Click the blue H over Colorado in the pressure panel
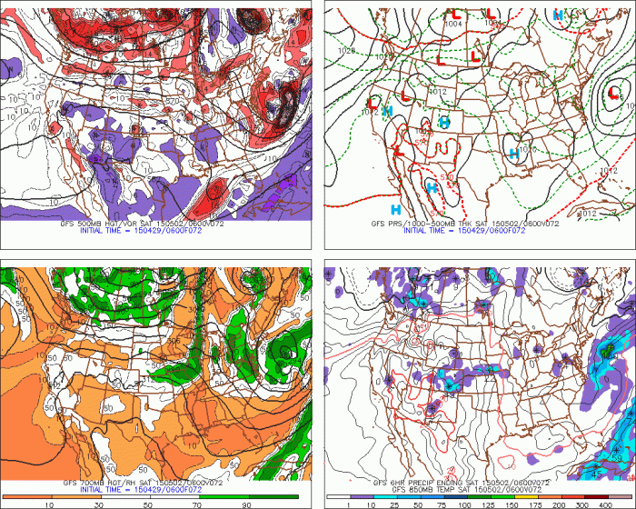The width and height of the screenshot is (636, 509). click(x=444, y=122)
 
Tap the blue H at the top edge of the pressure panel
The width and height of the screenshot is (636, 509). click(x=557, y=15)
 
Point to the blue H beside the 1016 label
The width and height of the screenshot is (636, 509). click(x=514, y=154)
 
